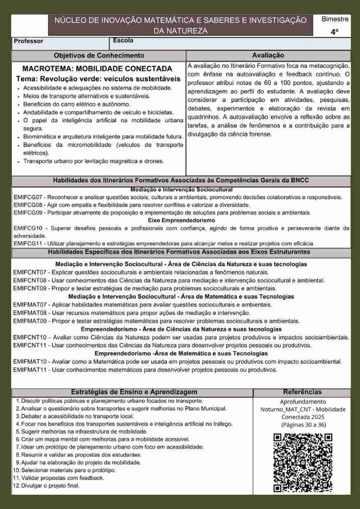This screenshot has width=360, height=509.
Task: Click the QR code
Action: click(302, 462)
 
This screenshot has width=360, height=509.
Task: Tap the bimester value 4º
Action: click(334, 32)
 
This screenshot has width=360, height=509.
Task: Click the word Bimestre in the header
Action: click(335, 19)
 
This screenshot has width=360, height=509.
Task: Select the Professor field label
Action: click(29, 41)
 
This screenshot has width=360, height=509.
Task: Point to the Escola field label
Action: click(123, 40)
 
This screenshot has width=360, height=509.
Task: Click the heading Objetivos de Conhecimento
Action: click(99, 55)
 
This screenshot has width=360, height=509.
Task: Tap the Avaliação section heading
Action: click(268, 55)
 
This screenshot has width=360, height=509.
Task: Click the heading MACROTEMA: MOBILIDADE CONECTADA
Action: click(97, 68)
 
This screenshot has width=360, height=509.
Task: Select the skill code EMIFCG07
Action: click(28, 197)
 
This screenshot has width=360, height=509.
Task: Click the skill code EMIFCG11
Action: click(28, 243)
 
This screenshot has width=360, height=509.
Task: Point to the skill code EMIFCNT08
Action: click(30, 280)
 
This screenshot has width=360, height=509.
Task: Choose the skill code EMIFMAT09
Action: click(30, 321)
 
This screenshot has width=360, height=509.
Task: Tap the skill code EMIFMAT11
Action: click(30, 370)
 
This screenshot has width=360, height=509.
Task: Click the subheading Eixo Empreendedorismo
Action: click(181, 220)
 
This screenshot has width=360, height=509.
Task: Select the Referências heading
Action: click(302, 392)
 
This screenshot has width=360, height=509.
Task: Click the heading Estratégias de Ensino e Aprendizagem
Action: click(134, 392)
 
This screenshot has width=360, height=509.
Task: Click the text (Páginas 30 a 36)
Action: click(303, 424)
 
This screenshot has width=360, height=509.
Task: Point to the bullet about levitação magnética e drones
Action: click(94, 161)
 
